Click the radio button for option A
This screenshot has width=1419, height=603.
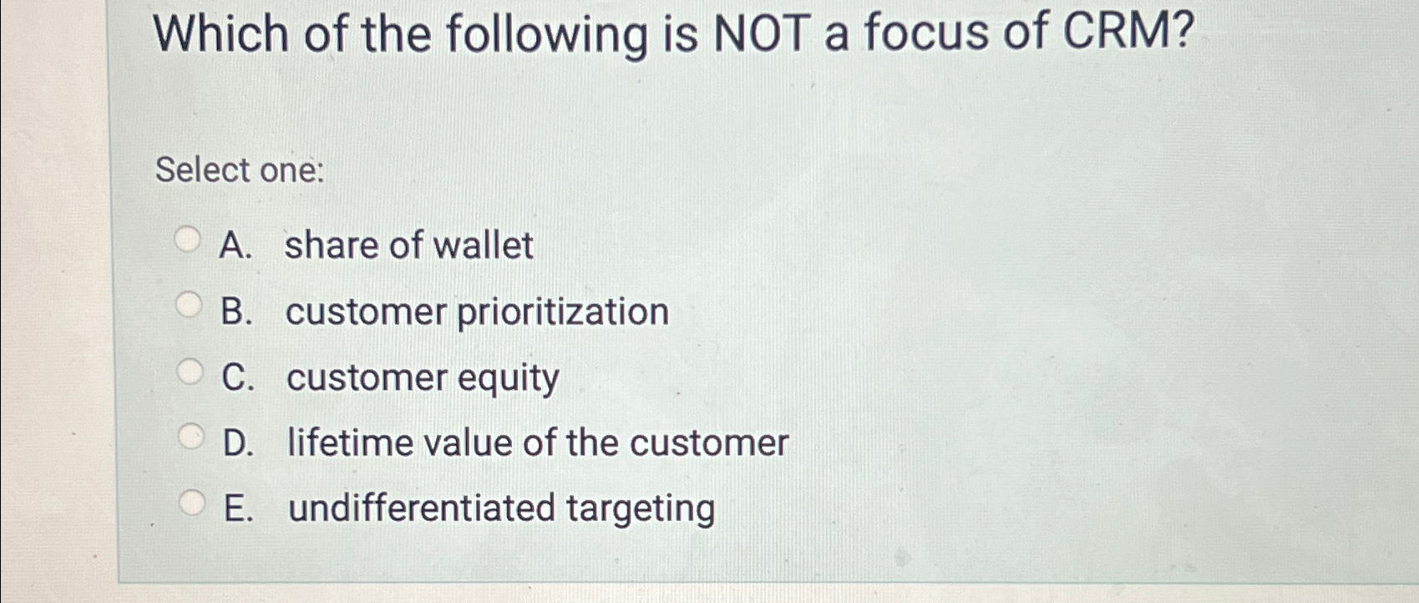[x=188, y=241]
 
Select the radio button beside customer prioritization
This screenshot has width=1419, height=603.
[x=190, y=306]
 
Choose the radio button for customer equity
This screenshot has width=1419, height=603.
[x=190, y=372]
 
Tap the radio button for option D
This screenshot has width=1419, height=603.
[x=191, y=436]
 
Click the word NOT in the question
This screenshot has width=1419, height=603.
[x=759, y=35]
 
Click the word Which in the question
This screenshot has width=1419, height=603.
[x=221, y=35]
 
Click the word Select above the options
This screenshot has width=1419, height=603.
[x=203, y=170]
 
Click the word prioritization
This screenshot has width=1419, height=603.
[x=563, y=312]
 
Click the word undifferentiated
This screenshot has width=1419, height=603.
[x=422, y=508]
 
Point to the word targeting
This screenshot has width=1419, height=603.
[x=641, y=509]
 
